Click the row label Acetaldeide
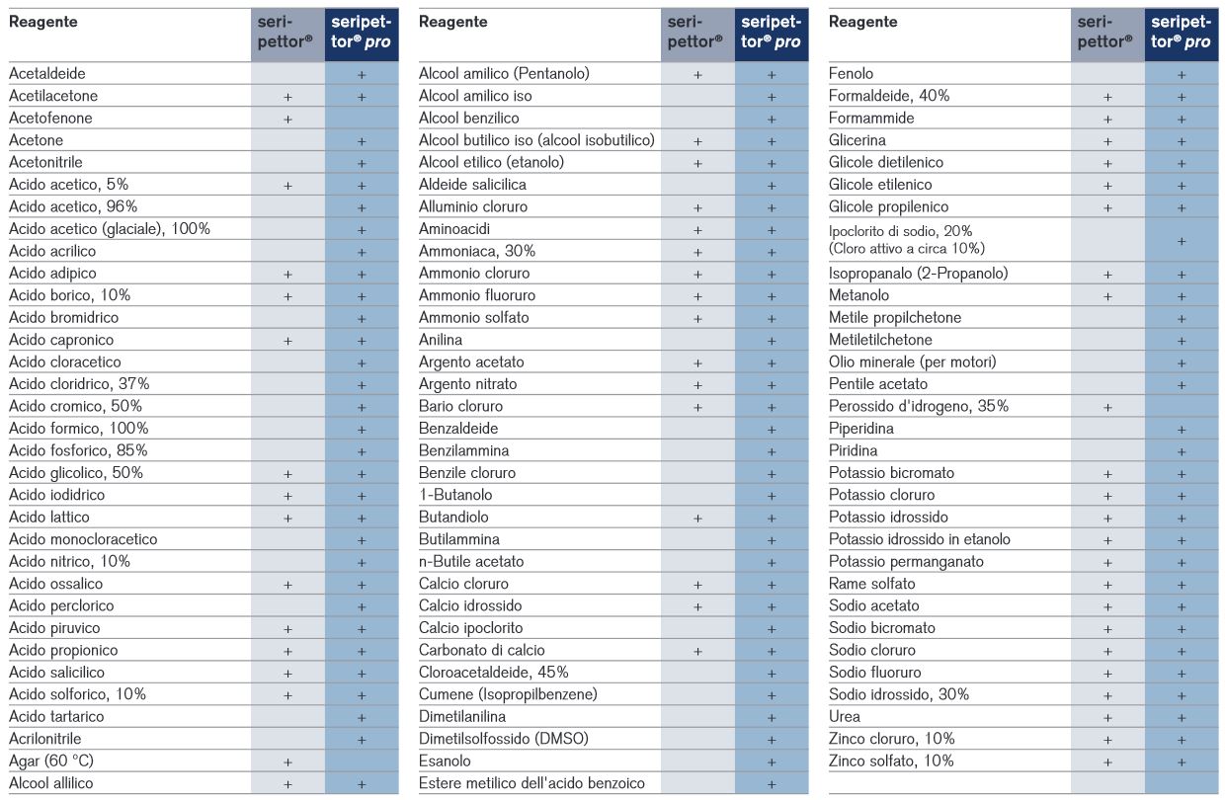pyautogui.click(x=47, y=73)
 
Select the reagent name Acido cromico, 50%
pyautogui.click(x=75, y=406)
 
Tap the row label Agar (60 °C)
pyautogui.click(x=51, y=760)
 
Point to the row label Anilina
pyautogui.click(x=441, y=340)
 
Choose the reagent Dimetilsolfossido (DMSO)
pyautogui.click(x=503, y=739)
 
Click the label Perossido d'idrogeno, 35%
pyautogui.click(x=918, y=406)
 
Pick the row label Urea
pyautogui.click(x=845, y=716)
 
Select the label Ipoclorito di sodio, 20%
pyautogui.click(x=900, y=231)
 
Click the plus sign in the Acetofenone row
pyautogui.click(x=287, y=119)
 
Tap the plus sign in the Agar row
pyautogui.click(x=287, y=761)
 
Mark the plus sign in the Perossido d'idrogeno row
pyautogui.click(x=1107, y=407)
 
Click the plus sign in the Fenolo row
pyautogui.click(x=1182, y=74)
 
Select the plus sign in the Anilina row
pyautogui.click(x=772, y=341)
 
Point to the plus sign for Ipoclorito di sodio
pyautogui.click(x=1182, y=241)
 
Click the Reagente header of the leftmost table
pyautogui.click(x=43, y=22)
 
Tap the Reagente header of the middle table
pyautogui.click(x=452, y=22)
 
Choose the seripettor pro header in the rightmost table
pyautogui.click(x=1181, y=32)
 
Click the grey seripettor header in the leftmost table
pyautogui.click(x=285, y=32)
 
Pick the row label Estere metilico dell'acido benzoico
pyautogui.click(x=531, y=783)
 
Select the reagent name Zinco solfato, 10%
pyautogui.click(x=891, y=760)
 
